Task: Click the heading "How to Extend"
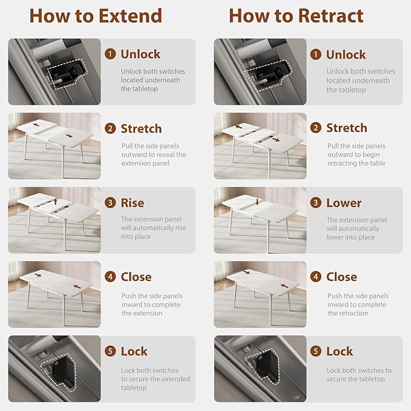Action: point(96,16)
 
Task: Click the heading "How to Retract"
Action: point(296,16)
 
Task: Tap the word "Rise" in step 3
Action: point(133,203)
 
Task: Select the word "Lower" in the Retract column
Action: point(344,203)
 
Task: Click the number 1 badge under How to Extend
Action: point(110,54)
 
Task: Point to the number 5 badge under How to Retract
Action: point(315,351)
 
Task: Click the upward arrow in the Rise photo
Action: point(56,202)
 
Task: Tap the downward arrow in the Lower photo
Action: point(257,202)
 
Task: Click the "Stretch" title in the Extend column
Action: point(141,129)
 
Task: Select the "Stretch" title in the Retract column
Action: point(346,128)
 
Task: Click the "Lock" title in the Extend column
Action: point(134,351)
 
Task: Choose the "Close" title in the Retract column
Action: point(341,277)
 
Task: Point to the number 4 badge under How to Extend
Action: point(110,277)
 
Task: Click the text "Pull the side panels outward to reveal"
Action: point(154,150)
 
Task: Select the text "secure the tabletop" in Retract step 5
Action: point(356,379)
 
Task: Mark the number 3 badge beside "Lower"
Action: point(315,203)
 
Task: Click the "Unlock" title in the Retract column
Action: point(346,54)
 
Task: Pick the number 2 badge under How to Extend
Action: point(110,128)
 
